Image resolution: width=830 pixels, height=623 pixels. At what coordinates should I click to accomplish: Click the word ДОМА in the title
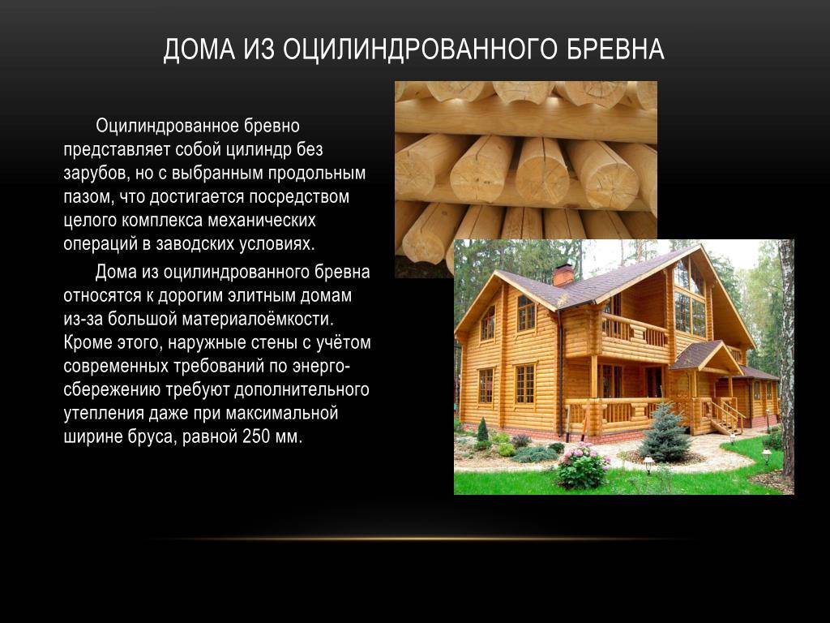click(x=199, y=49)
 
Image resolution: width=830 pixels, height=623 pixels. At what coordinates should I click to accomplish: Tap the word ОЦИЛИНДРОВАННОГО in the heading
click(x=420, y=49)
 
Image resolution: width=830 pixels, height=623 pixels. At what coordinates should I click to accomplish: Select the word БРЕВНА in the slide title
click(x=616, y=49)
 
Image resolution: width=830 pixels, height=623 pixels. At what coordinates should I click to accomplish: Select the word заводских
click(x=195, y=243)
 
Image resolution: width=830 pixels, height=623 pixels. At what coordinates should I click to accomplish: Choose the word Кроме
click(x=87, y=343)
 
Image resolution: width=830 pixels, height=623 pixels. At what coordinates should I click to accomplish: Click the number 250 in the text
click(x=255, y=436)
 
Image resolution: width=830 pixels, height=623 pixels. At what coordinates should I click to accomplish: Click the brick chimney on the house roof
click(x=563, y=275)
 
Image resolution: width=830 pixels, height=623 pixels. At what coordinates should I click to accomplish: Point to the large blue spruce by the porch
click(x=665, y=432)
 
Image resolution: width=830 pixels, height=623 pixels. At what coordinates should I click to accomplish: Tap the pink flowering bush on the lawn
click(x=582, y=466)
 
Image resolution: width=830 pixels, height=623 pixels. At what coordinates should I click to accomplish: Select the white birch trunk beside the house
click(x=785, y=360)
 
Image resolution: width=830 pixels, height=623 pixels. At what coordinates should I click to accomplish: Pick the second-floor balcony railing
click(x=635, y=330)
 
